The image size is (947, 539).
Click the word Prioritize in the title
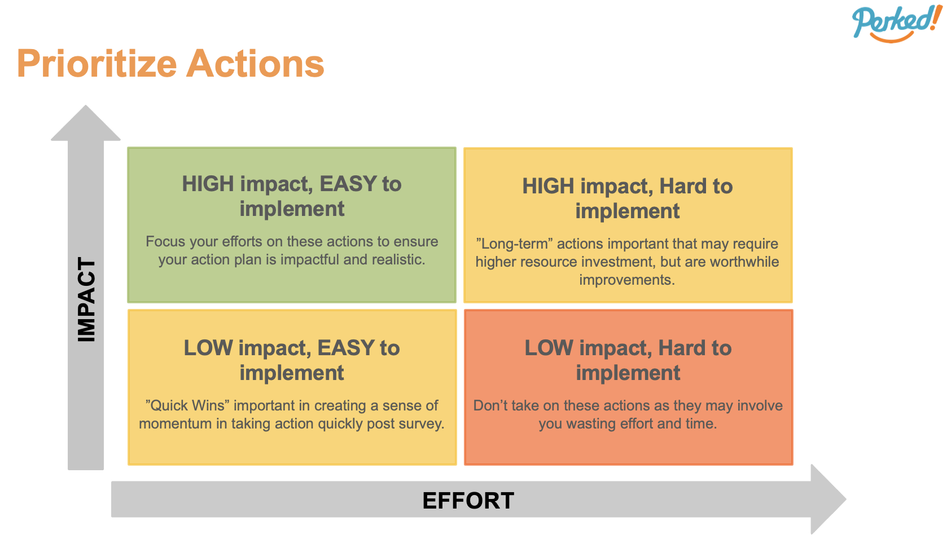click(x=97, y=64)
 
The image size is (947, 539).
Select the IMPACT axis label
click(x=86, y=299)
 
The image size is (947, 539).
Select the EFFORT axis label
click(x=468, y=501)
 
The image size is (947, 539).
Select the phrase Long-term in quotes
click(x=514, y=244)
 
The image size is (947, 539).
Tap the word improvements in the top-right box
click(x=626, y=280)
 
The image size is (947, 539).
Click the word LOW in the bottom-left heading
click(x=208, y=348)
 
